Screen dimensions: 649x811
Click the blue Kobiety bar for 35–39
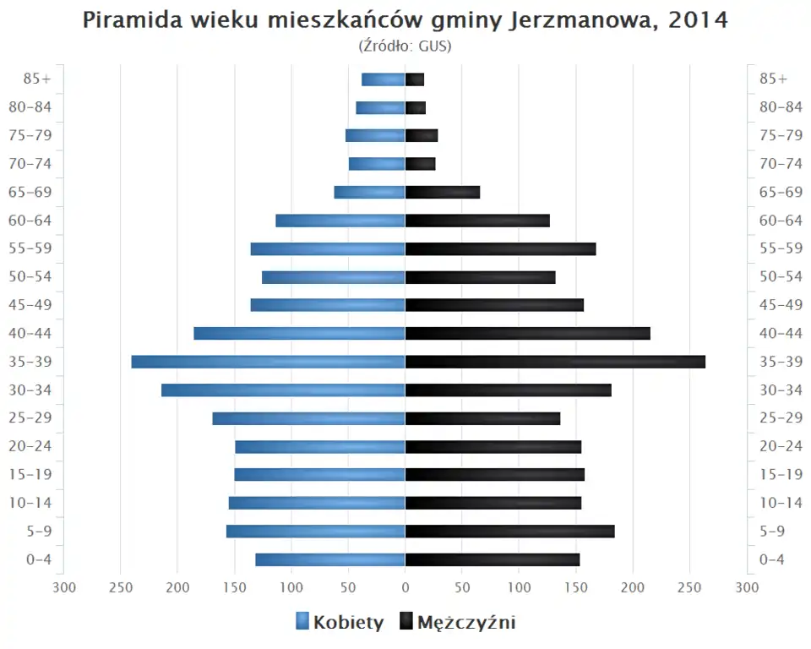click(268, 362)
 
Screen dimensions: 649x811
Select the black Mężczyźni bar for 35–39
click(555, 362)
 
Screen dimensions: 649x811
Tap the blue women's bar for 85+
click(383, 79)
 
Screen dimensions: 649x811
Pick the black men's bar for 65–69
click(442, 192)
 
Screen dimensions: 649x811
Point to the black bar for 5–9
click(509, 532)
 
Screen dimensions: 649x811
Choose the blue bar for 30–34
click(283, 390)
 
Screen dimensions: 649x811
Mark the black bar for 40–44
click(527, 333)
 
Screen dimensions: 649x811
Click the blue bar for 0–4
click(330, 559)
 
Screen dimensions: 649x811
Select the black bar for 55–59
click(500, 248)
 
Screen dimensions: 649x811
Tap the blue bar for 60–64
click(340, 221)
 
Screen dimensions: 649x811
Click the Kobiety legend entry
click(340, 623)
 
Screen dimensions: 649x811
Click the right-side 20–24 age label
click(781, 446)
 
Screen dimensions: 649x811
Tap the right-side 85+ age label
click(773, 79)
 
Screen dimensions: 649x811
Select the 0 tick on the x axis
click(405, 586)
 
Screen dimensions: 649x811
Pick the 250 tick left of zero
click(121, 586)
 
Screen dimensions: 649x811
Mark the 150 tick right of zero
click(575, 586)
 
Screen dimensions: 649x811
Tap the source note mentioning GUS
click(405, 46)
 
